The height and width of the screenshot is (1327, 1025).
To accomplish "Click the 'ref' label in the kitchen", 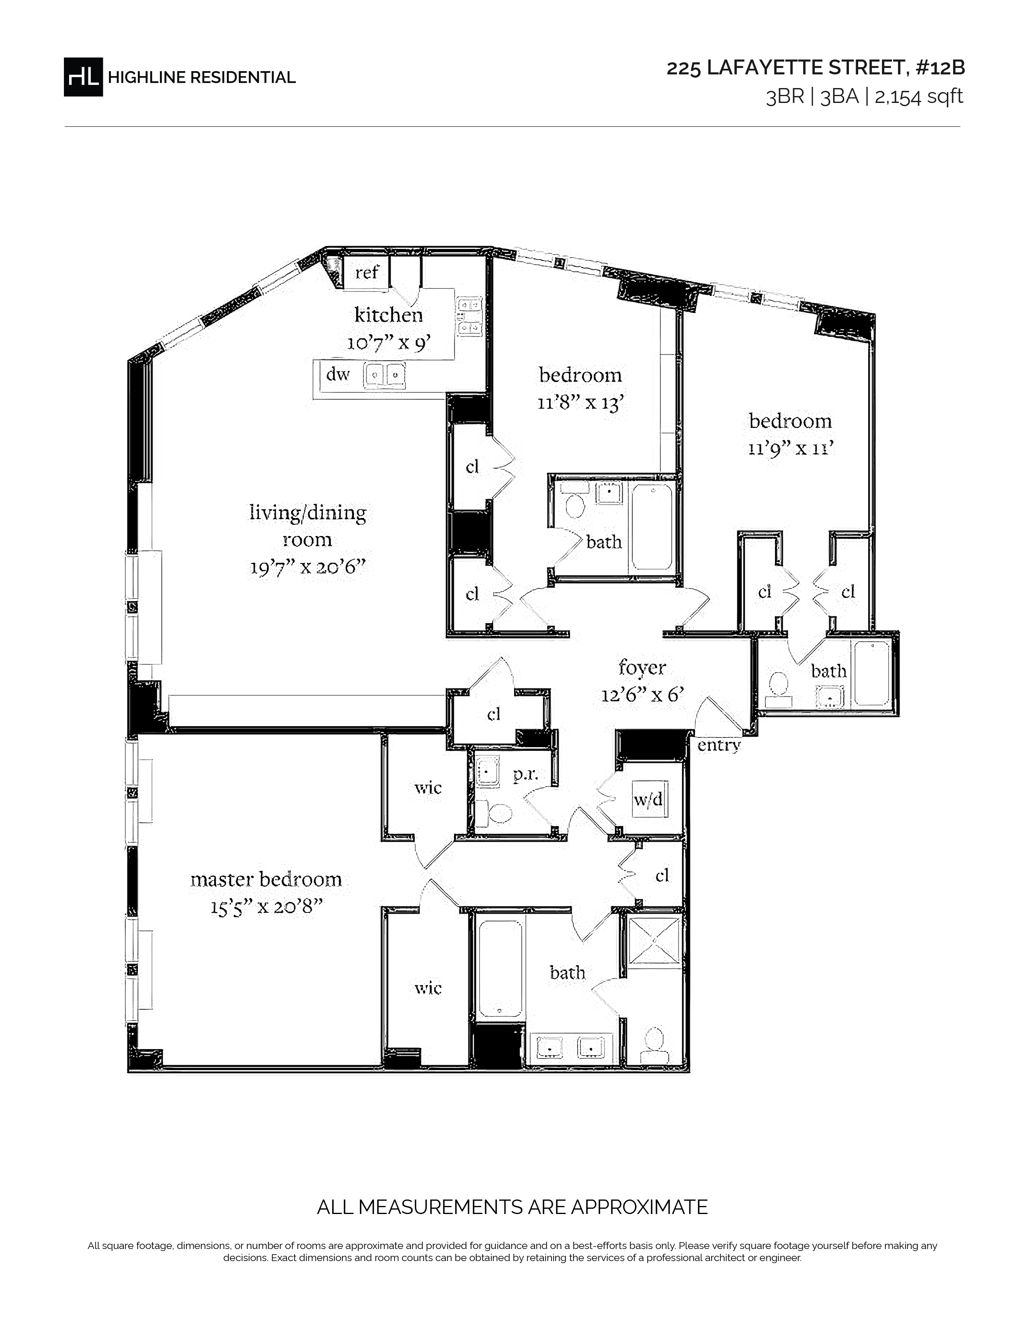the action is (x=367, y=272).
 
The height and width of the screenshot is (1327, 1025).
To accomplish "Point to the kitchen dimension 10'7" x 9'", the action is (x=389, y=343).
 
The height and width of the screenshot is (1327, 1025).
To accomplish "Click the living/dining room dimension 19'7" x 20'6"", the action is (x=308, y=567).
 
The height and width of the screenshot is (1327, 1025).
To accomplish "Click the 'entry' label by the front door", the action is (x=719, y=746).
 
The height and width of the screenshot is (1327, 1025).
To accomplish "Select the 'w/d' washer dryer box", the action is (x=648, y=799).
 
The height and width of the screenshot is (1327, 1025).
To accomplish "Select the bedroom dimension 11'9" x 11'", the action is (x=790, y=448).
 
